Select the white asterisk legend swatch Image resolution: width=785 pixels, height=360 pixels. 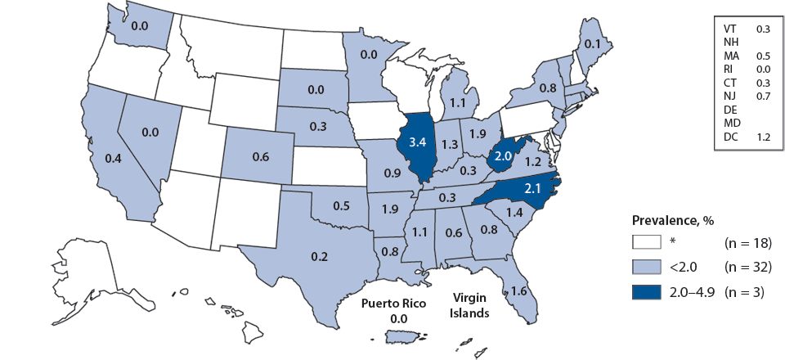[x=646, y=242]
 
